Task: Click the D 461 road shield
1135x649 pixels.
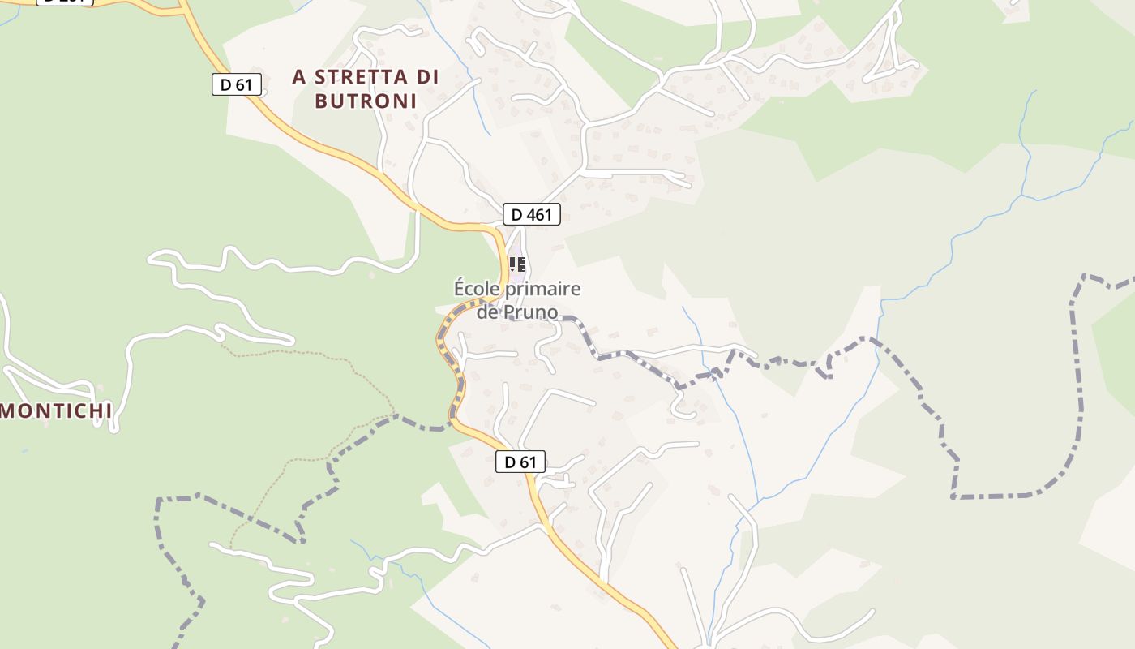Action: click(531, 214)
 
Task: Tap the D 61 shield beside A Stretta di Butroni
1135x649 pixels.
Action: click(236, 84)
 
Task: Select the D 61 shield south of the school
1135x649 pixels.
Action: click(520, 462)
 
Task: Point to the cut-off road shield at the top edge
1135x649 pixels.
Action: click(65, 2)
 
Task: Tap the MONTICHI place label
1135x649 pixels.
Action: click(56, 411)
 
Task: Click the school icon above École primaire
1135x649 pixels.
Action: click(516, 264)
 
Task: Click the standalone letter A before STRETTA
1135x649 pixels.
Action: click(299, 77)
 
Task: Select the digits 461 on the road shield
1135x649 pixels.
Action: click(538, 214)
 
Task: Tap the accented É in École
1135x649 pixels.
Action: click(459, 288)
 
